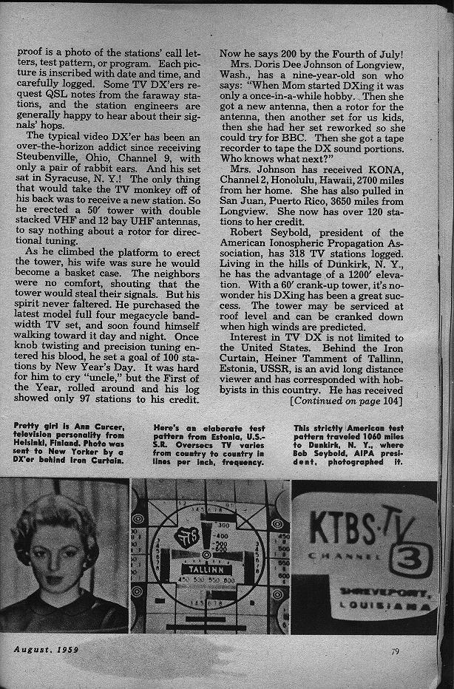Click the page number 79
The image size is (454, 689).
(396, 651)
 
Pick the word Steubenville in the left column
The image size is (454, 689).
(44, 158)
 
